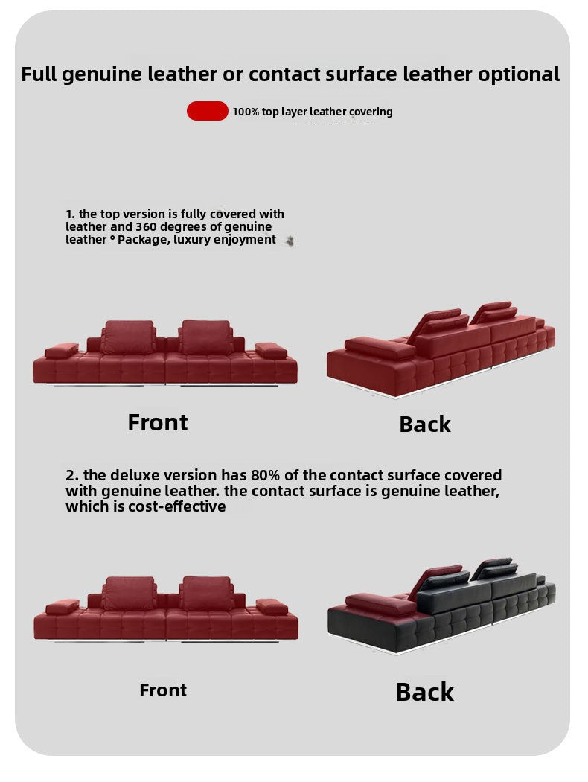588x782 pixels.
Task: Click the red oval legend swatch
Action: [x=208, y=111]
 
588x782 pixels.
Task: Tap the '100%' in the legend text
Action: [x=246, y=112]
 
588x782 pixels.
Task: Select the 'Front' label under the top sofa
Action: [x=158, y=422]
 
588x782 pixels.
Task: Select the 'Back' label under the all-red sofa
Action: [x=424, y=425]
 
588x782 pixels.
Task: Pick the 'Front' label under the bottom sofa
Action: [x=163, y=690]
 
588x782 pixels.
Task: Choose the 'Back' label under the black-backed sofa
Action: [x=424, y=692]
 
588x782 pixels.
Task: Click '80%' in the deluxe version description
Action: [x=265, y=475]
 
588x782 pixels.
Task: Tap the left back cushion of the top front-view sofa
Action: [x=129, y=337]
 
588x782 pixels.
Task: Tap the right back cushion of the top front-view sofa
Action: [x=205, y=337]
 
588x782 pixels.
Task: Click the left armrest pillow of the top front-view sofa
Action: [x=61, y=351]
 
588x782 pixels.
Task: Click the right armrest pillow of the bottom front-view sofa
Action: [x=272, y=606]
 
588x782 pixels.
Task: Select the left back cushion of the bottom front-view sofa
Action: [x=129, y=594]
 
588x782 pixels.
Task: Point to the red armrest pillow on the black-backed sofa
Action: [x=380, y=603]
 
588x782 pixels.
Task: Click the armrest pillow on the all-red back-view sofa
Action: [x=380, y=348]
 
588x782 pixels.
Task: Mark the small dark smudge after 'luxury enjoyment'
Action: [x=290, y=241]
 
